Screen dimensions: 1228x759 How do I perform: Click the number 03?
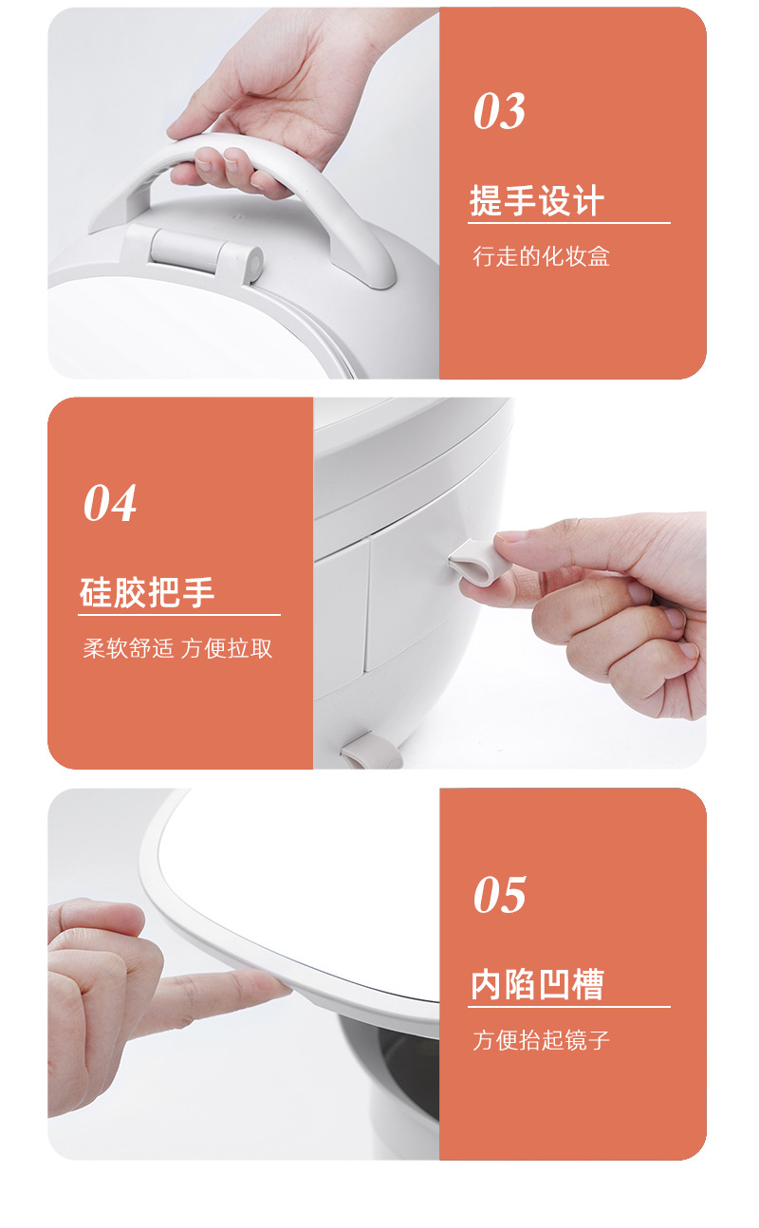click(x=499, y=113)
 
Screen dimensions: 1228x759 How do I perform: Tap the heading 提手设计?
click(x=537, y=202)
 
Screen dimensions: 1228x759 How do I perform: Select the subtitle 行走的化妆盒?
click(x=541, y=256)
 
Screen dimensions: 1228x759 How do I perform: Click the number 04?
click(x=110, y=504)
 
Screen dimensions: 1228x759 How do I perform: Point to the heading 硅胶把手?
click(x=147, y=593)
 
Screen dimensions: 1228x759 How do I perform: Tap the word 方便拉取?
click(x=227, y=649)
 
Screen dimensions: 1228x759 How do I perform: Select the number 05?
click(x=499, y=896)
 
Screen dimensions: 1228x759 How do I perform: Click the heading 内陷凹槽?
click(x=537, y=985)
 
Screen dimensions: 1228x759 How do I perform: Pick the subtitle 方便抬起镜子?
click(x=541, y=1040)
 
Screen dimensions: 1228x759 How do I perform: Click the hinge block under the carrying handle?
click(x=204, y=251)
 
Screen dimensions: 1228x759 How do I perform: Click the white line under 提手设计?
click(x=568, y=223)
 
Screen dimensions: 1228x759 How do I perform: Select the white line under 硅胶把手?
click(x=179, y=615)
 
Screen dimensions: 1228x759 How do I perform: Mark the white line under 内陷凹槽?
click(x=568, y=1007)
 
